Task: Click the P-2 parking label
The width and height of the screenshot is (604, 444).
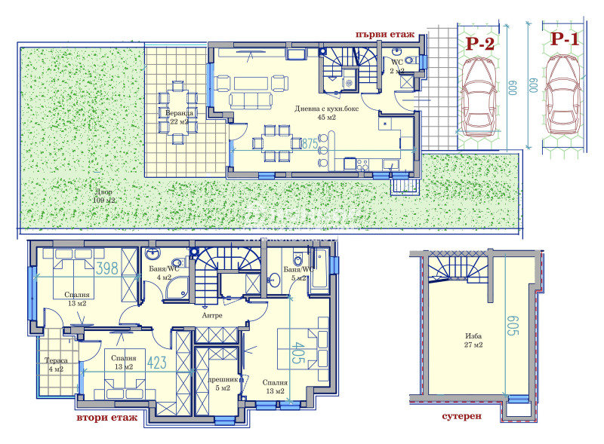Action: coord(479,44)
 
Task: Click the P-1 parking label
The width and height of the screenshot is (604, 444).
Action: coord(564,39)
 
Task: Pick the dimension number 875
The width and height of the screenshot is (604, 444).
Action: coord(309,142)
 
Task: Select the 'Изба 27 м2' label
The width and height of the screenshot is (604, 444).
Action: coord(472,340)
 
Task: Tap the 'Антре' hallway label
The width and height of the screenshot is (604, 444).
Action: coord(211,315)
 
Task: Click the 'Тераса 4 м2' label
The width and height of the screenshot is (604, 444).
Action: coord(57,365)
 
